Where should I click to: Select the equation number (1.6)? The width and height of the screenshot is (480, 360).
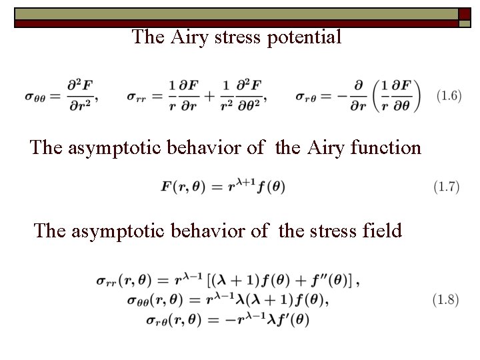tap(447, 96)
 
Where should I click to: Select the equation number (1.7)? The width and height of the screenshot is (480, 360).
tap(446, 187)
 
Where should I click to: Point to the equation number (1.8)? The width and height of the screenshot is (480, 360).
tap(446, 300)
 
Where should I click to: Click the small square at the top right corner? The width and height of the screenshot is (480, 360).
tap(464, 15)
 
